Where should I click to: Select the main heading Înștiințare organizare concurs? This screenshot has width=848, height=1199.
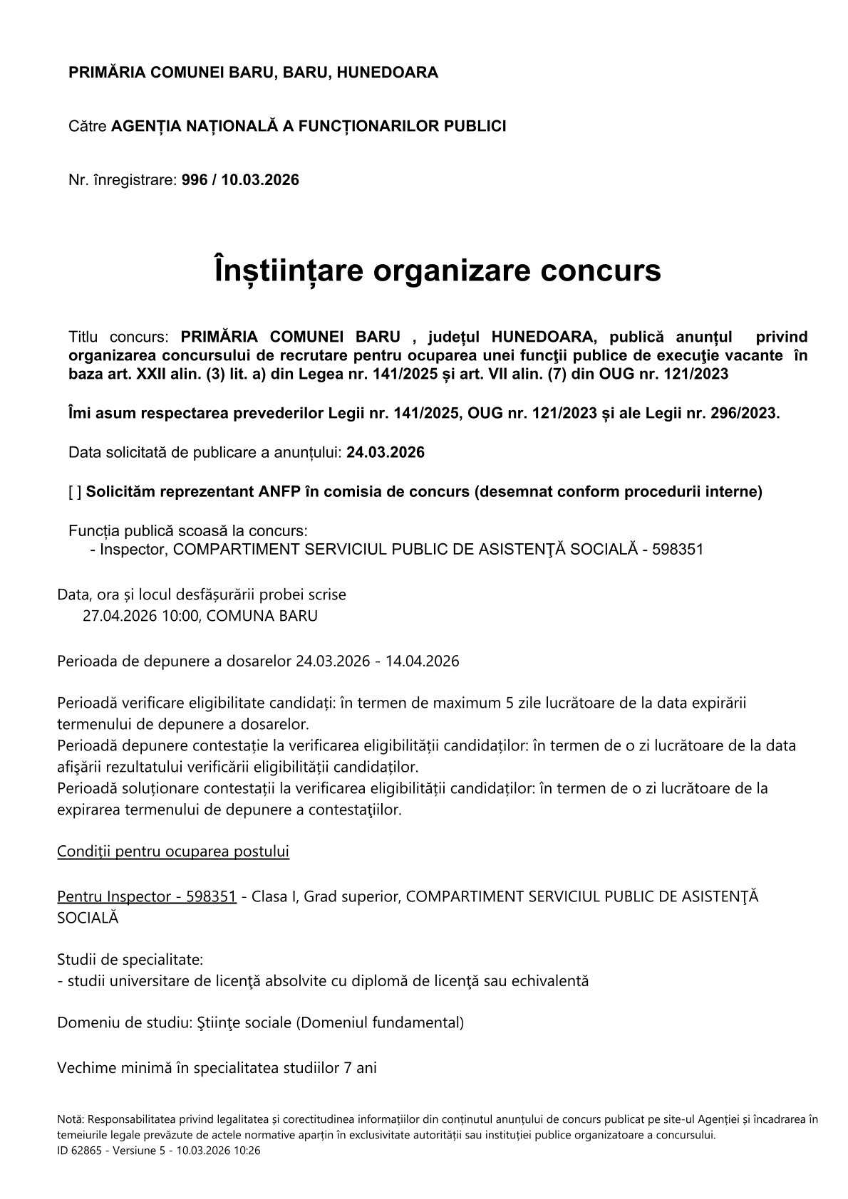[x=437, y=271]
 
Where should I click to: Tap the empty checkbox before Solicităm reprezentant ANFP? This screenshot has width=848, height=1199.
[x=75, y=492]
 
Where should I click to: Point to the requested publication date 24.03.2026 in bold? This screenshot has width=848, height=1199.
[x=386, y=453]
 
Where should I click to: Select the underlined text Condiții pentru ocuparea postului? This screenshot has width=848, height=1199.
[x=173, y=852]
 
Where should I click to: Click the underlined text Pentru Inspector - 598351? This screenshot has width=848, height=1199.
[x=146, y=896]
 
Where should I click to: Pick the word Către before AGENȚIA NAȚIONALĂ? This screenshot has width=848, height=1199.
[x=88, y=127]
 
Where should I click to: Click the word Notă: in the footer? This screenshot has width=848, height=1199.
[x=71, y=1120]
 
